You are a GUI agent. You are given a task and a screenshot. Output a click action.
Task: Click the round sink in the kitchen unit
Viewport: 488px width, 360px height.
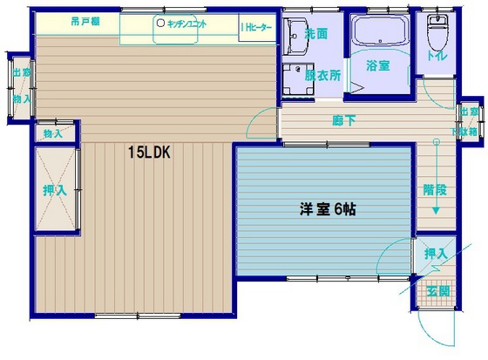coord(160,24)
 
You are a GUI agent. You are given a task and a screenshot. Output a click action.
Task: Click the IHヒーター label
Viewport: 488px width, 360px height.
coord(256,28)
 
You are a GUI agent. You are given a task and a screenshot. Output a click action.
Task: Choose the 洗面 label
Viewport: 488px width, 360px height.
coord(316,34)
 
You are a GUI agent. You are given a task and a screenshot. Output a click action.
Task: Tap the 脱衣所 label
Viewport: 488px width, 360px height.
coord(322,75)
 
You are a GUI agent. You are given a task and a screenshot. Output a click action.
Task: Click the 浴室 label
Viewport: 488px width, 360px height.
coord(376,65)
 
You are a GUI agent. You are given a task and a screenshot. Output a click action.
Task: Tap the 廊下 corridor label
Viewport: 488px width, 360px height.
coord(342,120)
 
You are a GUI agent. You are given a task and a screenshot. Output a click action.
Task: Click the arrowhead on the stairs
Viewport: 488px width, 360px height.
coord(435,212)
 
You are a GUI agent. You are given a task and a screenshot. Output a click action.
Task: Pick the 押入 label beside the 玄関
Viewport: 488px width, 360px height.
coord(435,254)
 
